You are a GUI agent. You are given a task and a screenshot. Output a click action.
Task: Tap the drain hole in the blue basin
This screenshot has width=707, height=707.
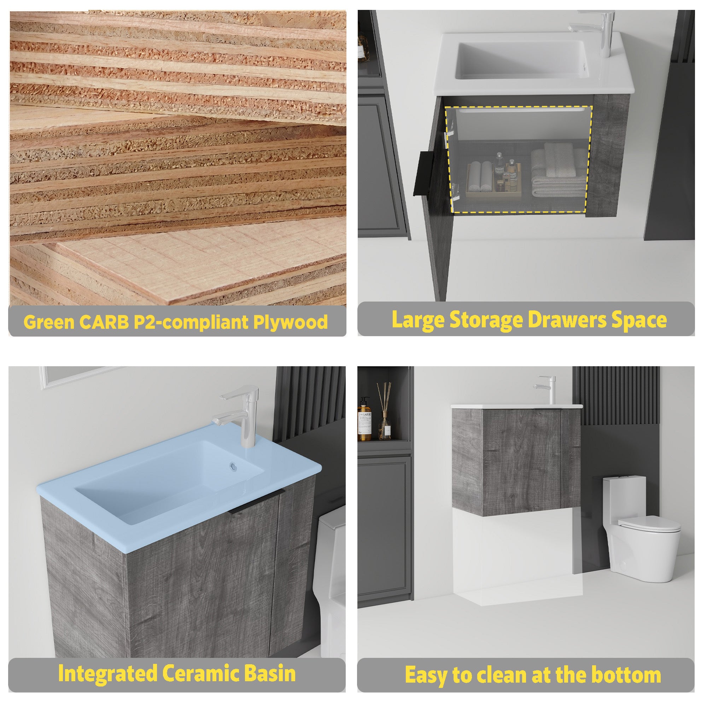click(x=232, y=466)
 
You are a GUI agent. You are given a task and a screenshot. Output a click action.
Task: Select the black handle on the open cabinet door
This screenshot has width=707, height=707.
click(x=423, y=174)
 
